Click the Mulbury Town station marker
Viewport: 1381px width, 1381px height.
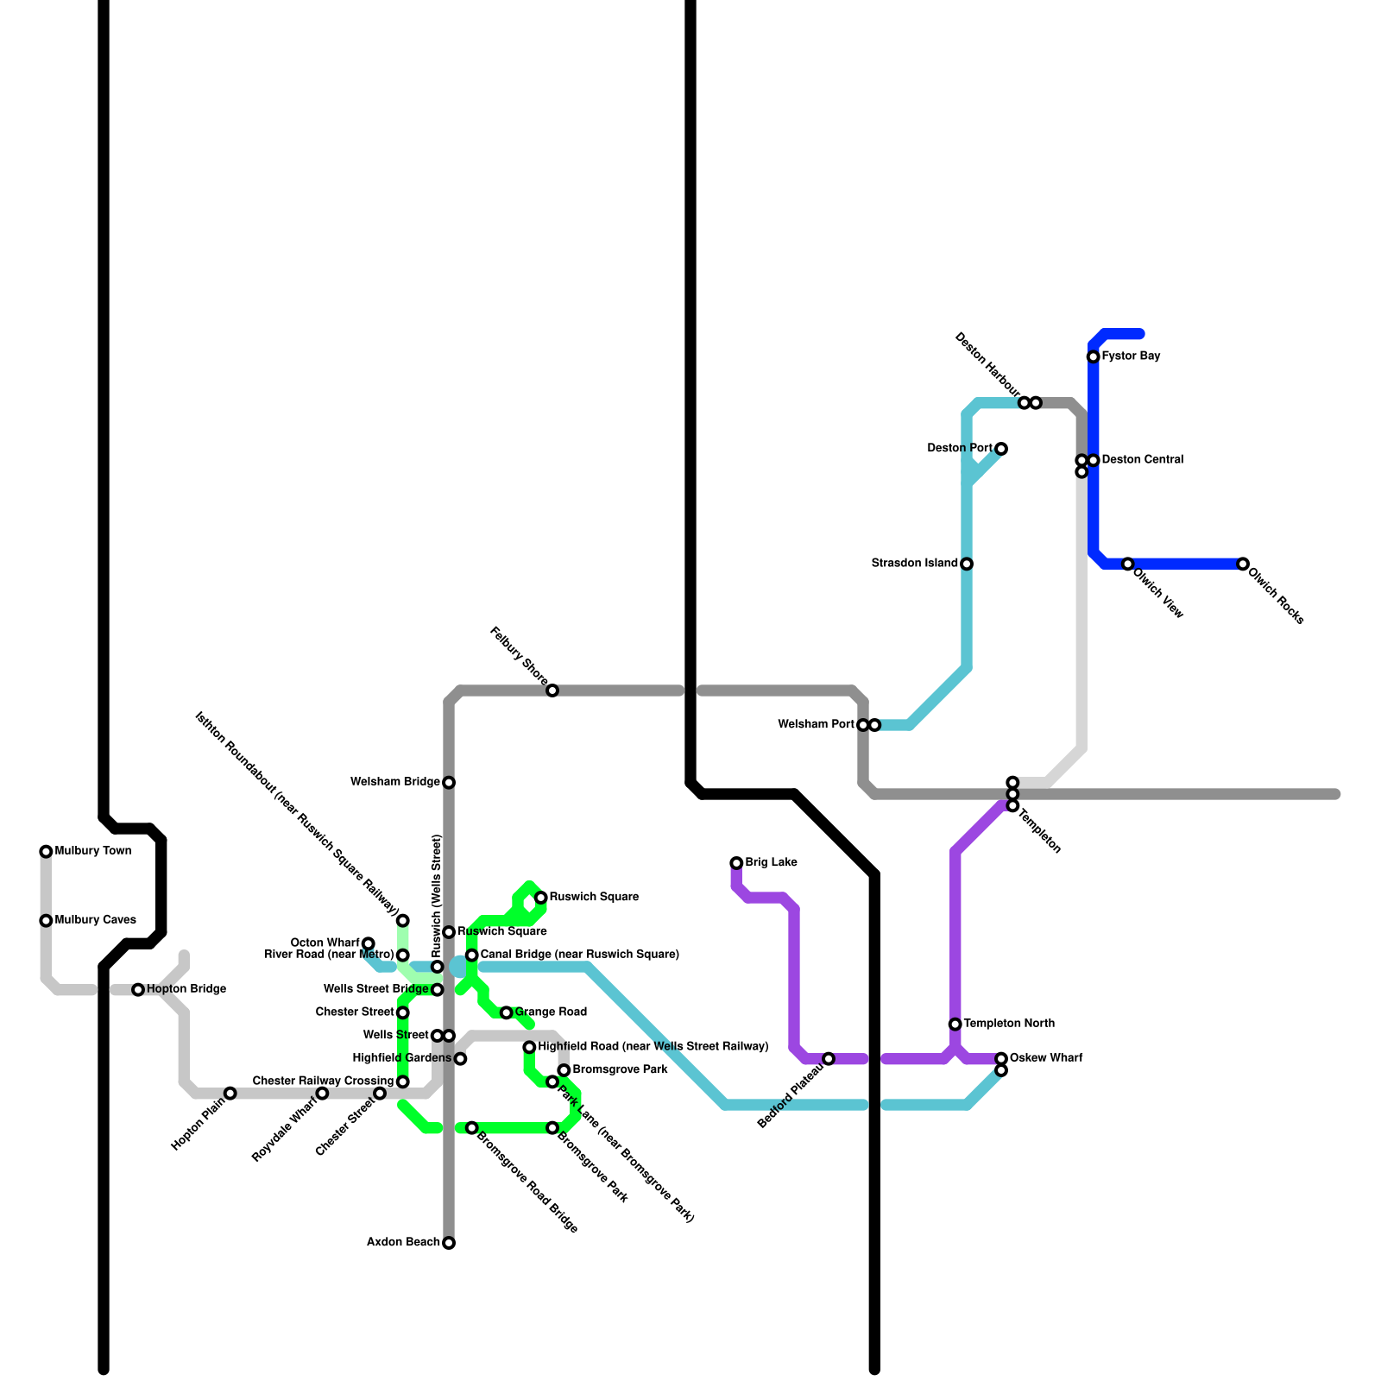(46, 852)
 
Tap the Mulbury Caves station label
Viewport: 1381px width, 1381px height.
(95, 920)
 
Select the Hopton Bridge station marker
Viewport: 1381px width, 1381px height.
(138, 990)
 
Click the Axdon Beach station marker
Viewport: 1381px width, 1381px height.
(449, 1243)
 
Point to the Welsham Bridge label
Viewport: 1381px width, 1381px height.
(395, 782)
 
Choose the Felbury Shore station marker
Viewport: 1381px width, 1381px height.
(552, 690)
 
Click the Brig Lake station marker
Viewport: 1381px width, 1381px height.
(736, 863)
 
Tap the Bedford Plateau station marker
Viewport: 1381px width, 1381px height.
(829, 1059)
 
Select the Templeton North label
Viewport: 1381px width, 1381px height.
(1009, 1024)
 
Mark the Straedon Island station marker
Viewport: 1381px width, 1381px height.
(967, 564)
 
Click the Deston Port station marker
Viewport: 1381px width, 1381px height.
(1001, 449)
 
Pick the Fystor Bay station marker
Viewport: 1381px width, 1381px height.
(1093, 356)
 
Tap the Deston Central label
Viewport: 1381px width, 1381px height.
(1142, 460)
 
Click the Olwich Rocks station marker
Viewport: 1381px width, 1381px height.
(1243, 564)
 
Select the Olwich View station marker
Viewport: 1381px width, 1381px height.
(1127, 564)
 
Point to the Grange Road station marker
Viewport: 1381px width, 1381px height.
(507, 1012)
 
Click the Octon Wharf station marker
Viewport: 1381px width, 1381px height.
(369, 943)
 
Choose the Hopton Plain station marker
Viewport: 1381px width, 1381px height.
(230, 1094)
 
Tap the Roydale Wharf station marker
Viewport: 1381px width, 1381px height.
(322, 1094)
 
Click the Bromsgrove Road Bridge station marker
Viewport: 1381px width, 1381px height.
(472, 1128)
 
